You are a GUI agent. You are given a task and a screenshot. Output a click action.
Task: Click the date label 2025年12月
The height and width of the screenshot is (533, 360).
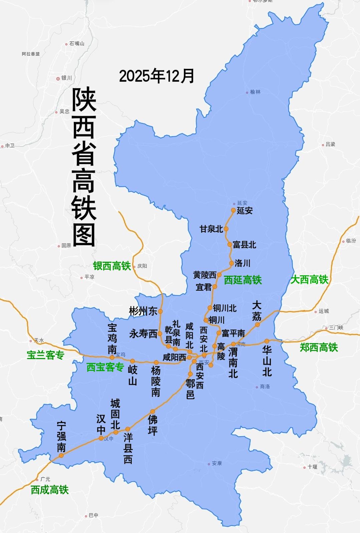coord(156,76)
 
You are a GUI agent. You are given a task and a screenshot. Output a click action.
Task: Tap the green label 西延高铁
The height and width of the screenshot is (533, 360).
coord(243,280)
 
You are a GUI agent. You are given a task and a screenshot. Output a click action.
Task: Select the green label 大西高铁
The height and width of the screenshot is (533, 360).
coord(309,280)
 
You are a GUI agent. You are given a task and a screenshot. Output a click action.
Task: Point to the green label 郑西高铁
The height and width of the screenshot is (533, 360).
coord(319,347)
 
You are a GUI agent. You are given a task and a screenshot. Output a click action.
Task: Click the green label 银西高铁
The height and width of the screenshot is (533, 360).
coord(112,266)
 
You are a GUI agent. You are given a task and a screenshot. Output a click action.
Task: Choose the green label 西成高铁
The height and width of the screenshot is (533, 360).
coord(49,490)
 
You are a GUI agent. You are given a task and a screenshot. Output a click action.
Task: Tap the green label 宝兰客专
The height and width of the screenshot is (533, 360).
coord(45,355)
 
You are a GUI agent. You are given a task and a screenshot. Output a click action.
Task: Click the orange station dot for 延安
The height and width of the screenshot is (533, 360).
coord(234,210)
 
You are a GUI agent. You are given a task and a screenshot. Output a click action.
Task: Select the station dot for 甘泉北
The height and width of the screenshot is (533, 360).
coord(226,229)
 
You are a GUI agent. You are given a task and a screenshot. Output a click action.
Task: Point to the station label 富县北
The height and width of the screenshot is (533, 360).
coord(244,245)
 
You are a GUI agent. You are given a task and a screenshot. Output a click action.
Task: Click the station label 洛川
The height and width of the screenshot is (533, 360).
coord(242,263)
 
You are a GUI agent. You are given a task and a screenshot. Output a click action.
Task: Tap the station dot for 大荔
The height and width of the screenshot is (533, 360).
coord(258,324)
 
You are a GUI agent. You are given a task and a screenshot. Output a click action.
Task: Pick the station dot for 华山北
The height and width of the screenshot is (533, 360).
coord(267,341)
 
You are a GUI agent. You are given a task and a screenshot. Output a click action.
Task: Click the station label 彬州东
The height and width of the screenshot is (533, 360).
coord(143,311)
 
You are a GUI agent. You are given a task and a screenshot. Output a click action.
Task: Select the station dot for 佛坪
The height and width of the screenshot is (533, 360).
coord(153,412)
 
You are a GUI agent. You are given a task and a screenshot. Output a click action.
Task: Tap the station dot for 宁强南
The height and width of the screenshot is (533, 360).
coord(61,455)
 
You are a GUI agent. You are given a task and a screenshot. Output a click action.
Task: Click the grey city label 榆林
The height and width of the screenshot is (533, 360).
coord(255,92)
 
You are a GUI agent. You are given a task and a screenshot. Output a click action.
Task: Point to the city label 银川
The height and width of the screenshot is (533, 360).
coord(66,78)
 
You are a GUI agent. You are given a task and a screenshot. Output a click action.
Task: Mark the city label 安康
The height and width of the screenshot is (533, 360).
coord(217,463)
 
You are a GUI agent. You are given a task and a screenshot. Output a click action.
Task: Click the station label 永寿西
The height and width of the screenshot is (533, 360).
coord(143,334)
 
